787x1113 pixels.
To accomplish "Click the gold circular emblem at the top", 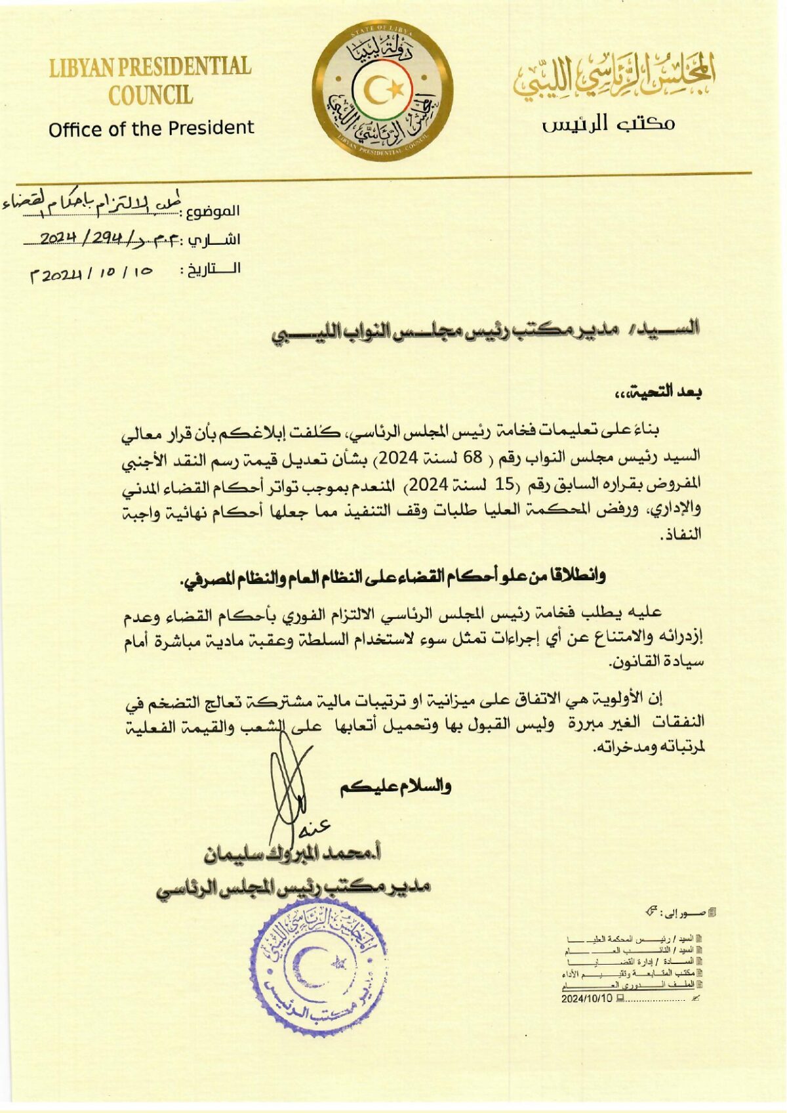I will (382, 94).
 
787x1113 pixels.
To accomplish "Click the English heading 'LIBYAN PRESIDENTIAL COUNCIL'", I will (150, 81).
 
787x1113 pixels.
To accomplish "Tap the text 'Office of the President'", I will (151, 128).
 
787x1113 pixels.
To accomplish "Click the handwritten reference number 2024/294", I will (95, 238).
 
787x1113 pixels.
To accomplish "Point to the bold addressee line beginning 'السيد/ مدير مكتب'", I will (486, 333).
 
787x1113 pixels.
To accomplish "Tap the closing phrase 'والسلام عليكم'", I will (395, 786).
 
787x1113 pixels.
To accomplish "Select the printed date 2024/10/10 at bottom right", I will (586, 999).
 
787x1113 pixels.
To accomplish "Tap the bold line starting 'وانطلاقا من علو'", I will (392, 577).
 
